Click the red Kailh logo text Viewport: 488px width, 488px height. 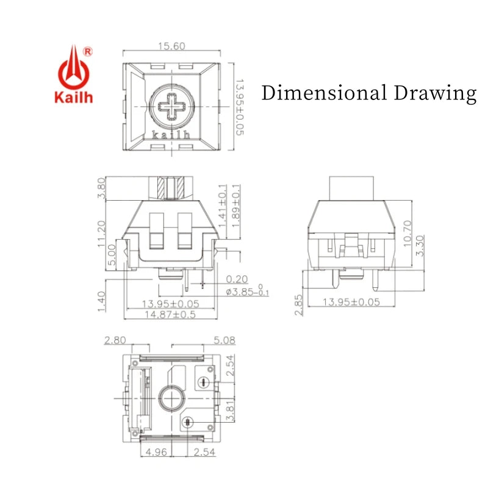point(74,97)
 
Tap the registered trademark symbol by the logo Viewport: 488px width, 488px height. point(88,52)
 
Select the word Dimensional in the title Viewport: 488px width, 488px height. point(324,93)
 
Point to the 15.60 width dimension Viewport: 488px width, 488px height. point(171,46)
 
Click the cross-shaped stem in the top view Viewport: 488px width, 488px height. point(171,106)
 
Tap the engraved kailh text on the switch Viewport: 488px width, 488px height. point(171,134)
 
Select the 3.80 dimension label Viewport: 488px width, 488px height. point(101,188)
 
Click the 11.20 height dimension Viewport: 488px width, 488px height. point(101,234)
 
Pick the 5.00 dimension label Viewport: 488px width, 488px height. point(112,254)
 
